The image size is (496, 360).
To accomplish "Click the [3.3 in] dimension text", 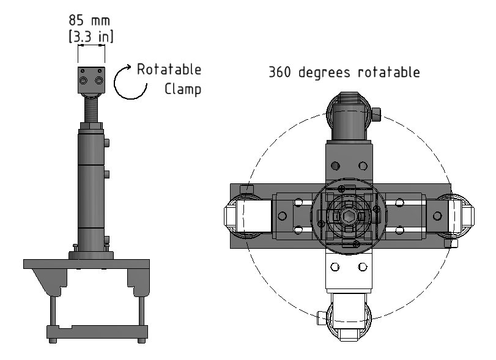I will click(x=91, y=37).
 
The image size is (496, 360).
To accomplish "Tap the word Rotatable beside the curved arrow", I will click(x=169, y=69).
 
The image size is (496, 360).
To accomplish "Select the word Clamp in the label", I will click(x=183, y=89).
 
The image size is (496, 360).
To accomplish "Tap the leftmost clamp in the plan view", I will click(x=242, y=217).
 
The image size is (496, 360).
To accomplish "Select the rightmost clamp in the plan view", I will click(x=455, y=217).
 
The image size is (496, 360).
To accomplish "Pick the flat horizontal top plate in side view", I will click(x=86, y=264).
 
